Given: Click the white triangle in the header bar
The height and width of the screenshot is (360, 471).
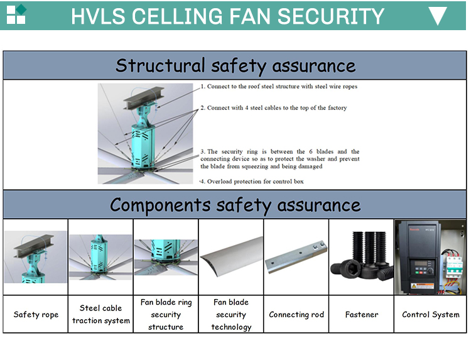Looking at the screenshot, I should tap(437, 16).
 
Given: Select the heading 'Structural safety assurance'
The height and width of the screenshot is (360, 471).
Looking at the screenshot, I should tap(235, 65).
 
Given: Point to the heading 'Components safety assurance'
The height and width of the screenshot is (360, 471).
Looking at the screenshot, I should tap(235, 204).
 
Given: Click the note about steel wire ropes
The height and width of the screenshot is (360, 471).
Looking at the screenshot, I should tap(279, 87).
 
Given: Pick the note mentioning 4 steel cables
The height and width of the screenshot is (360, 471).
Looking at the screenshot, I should tap(274, 108).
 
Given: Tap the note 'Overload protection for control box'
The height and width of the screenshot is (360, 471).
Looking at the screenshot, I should tap(252, 182).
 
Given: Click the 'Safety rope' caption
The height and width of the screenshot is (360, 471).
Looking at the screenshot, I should tap(36, 314).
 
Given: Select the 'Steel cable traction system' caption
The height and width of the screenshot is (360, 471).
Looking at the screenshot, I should tap(100, 314).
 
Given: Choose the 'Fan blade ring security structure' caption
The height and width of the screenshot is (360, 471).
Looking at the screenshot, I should tap(166, 314).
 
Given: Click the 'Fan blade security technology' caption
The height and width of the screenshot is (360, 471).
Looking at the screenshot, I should tap(231, 314).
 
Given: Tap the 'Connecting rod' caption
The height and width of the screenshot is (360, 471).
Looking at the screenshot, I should tap(296, 314).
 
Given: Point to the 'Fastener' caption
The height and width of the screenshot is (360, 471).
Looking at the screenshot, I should tap(362, 314).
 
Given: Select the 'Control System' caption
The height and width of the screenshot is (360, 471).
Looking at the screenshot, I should tap(431, 314).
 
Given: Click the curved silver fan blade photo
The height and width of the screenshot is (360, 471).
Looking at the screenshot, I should tap(231, 258).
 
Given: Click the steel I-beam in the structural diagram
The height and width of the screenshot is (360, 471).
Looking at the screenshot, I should tap(144, 100).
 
